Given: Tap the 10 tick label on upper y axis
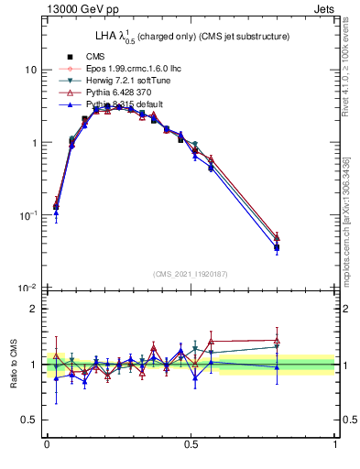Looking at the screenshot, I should click(x=30, y=71).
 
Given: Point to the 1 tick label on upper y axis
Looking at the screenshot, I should click(x=34, y=143).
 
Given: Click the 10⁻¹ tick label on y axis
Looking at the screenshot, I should click(x=28, y=215).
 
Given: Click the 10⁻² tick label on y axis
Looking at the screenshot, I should click(x=28, y=288).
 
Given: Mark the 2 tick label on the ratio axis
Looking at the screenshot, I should click(x=34, y=309).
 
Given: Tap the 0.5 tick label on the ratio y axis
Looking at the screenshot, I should click(x=30, y=420).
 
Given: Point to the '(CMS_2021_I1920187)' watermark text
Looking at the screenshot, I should click(x=190, y=273).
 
